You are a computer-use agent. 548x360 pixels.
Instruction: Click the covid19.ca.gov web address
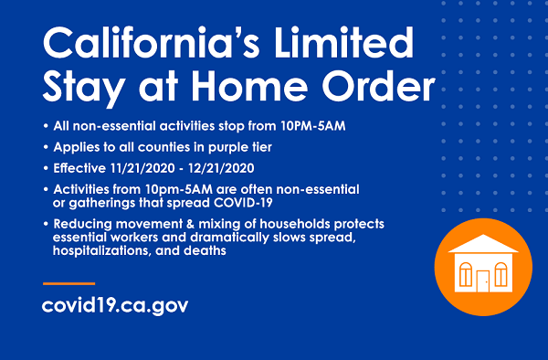click(x=115, y=304)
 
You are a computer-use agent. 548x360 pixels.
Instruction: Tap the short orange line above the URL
click(x=68, y=283)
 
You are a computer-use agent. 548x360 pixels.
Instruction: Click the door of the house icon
click(x=481, y=280)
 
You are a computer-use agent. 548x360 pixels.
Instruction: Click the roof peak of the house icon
click(x=481, y=237)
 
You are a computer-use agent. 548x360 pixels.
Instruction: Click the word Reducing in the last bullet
click(x=86, y=225)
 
